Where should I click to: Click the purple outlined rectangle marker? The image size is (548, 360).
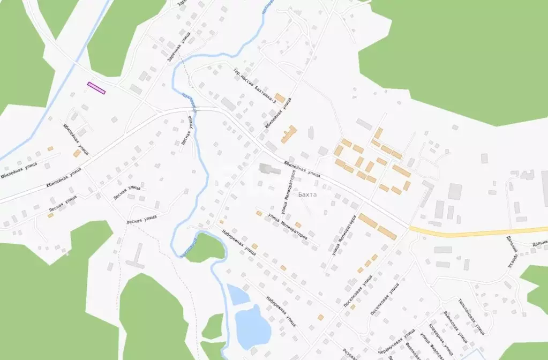(x=96, y=88)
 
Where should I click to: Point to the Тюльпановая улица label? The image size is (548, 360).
(x=472, y=316)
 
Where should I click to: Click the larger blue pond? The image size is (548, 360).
(x=252, y=324)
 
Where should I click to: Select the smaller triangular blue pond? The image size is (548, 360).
(x=236, y=295)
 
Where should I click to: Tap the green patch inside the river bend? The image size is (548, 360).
(x=204, y=247)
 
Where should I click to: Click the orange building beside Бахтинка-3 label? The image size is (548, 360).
(x=280, y=98)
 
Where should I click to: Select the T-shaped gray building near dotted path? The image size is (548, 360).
(x=137, y=256)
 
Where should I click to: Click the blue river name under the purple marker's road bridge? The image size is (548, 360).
(x=187, y=99)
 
